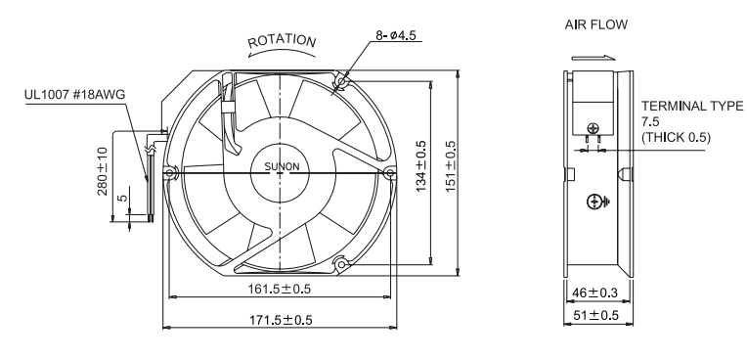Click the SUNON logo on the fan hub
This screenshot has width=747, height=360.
tap(282, 167)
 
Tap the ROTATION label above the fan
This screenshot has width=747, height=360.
tap(282, 41)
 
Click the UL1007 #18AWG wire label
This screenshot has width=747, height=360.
tap(74, 95)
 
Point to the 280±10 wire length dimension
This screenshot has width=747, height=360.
tap(103, 171)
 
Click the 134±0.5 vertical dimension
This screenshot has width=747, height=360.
tap(421, 166)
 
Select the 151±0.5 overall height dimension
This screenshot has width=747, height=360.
tap(450, 166)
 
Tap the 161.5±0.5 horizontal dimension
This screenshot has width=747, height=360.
tap(280, 289)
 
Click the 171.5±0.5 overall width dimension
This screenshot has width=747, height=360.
tap(281, 320)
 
